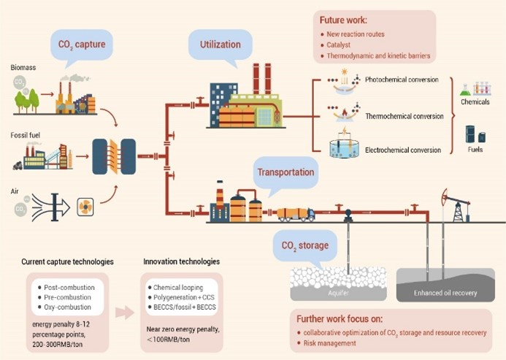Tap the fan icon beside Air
[x=85, y=207]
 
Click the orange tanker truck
[x=296, y=214]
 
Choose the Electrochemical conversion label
[x=404, y=150]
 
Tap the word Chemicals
[x=475, y=102]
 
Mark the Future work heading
[x=344, y=20]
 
